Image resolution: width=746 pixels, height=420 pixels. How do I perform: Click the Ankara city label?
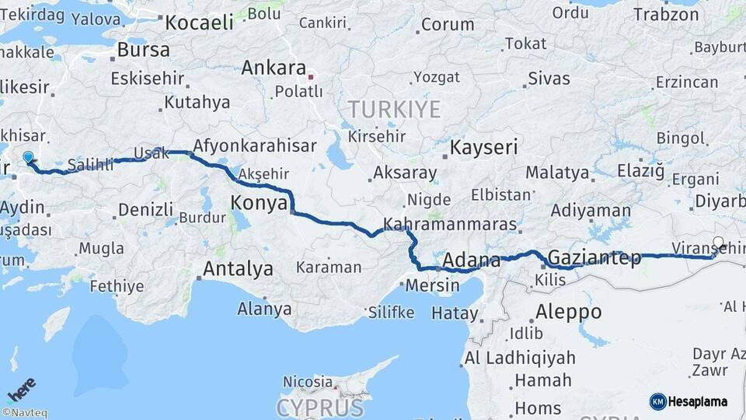point(274,68)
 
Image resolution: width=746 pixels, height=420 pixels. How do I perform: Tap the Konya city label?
point(257,204)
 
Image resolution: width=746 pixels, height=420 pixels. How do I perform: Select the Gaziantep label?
point(594,257)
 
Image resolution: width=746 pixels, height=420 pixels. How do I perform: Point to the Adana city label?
point(471,260)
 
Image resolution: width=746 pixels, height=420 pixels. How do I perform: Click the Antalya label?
point(238,269)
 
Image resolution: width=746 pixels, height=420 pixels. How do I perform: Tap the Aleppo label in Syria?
point(568,312)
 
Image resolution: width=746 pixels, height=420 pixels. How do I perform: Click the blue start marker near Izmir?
point(29,158)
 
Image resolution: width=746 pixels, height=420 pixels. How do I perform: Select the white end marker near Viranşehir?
point(718,243)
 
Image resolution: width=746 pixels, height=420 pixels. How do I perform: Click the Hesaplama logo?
point(688,401)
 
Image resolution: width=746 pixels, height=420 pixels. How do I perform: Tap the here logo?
point(22,389)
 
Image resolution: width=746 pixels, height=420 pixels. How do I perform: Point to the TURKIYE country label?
point(394,110)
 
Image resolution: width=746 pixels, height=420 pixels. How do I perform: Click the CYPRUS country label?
point(319,408)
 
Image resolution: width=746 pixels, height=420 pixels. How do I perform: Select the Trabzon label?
point(667,14)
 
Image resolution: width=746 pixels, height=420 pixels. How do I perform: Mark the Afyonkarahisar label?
point(254,145)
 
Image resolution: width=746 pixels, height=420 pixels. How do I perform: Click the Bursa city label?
point(143,51)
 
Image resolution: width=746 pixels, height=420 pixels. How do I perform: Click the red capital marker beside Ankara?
point(311,77)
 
